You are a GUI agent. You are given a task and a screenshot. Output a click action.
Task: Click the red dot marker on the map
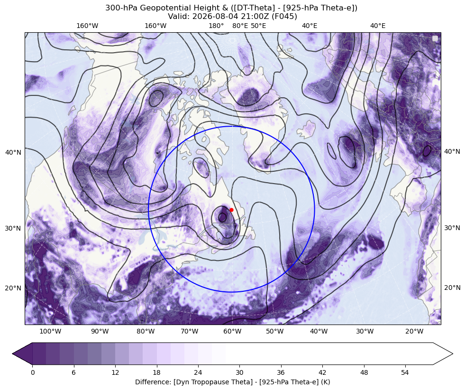point(231,210)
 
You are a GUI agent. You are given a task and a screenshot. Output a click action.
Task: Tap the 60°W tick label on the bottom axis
point(232,331)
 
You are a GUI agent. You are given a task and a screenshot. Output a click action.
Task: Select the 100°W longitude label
point(50,331)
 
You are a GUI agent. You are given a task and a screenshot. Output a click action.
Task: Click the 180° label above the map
point(216,26)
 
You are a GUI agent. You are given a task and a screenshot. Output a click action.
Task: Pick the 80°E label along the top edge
point(240,26)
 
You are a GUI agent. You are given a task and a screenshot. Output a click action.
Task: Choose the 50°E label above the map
point(258,26)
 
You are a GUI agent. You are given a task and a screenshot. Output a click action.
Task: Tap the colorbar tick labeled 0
point(33,372)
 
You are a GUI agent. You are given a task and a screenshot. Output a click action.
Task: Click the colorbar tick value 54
point(405,372)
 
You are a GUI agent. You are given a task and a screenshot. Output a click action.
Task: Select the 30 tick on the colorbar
point(239,372)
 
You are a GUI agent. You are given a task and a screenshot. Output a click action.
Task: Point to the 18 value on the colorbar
point(156,372)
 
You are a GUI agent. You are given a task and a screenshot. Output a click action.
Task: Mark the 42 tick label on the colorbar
point(322,372)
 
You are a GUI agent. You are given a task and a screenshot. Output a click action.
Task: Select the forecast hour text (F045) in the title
point(285,16)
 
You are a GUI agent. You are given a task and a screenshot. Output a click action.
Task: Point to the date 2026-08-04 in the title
point(209,16)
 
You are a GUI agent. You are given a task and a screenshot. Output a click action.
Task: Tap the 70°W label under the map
point(190,331)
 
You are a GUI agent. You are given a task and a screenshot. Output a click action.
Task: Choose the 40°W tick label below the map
point(319,331)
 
